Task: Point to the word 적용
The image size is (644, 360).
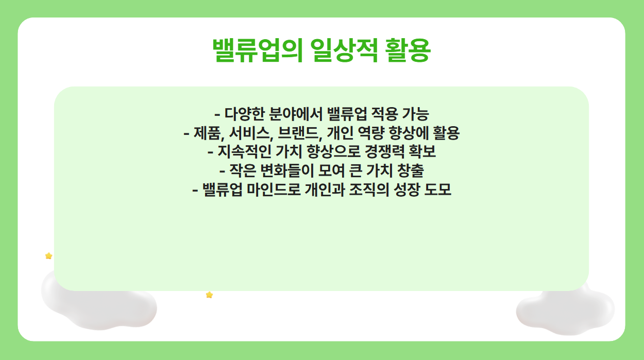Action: click(377, 113)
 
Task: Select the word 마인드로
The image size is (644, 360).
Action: click(270, 190)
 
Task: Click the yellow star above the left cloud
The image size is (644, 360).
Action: click(48, 256)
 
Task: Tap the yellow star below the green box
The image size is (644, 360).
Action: click(209, 295)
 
